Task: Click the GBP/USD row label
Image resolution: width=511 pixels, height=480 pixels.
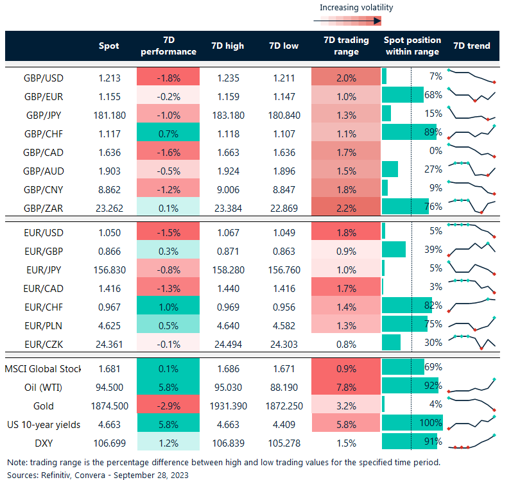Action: (44, 78)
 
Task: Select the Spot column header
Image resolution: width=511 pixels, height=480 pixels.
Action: (108, 46)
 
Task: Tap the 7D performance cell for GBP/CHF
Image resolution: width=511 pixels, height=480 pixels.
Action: (168, 133)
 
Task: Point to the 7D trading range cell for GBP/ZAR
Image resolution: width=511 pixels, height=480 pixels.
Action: (346, 207)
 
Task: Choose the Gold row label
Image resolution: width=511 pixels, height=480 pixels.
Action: (44, 406)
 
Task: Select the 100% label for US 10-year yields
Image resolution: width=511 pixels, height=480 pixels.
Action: (430, 424)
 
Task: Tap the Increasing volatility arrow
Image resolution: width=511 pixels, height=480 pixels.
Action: (347, 21)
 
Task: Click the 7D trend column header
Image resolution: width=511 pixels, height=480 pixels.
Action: (471, 46)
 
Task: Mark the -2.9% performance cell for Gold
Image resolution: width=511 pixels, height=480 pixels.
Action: (168, 406)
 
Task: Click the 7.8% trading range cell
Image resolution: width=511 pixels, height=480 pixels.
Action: (346, 387)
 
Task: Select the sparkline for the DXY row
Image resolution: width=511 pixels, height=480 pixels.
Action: (472, 442)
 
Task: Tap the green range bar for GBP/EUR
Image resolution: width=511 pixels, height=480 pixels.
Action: (403, 96)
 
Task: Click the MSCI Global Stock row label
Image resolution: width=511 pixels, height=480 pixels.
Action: (43, 368)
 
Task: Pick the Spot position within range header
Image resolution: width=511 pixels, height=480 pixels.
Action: (411, 46)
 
